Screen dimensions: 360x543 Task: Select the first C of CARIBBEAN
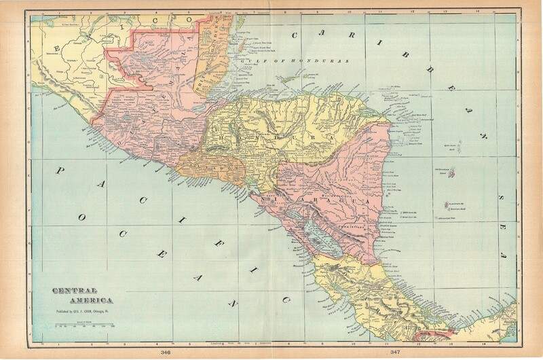[297, 35]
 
